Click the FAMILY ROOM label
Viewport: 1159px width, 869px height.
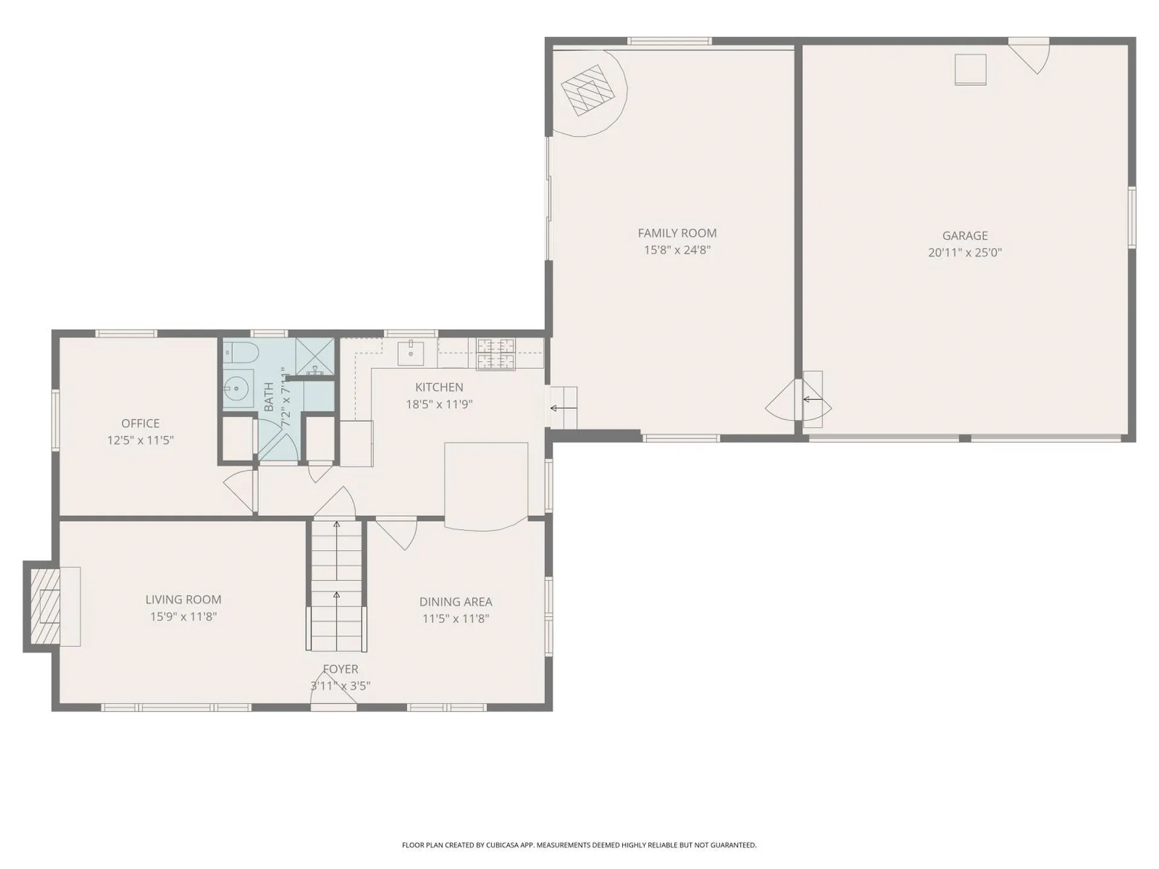[x=677, y=233]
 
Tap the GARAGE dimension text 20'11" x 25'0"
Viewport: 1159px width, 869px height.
[x=965, y=253]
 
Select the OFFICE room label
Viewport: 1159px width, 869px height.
[x=140, y=423]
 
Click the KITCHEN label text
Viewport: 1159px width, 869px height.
[x=439, y=387]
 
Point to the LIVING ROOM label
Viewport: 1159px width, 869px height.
[x=183, y=599]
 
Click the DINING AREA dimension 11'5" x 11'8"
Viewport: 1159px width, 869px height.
[x=456, y=619]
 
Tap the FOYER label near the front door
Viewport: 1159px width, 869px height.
[x=340, y=669]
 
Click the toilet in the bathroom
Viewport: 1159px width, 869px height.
[x=241, y=352]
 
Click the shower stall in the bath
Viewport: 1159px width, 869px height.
[x=314, y=357]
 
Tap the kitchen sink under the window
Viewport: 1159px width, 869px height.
[x=411, y=353]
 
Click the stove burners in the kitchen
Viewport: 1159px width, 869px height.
[x=496, y=354]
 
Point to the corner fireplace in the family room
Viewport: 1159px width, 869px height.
[x=587, y=91]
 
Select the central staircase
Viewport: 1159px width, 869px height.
[x=336, y=585]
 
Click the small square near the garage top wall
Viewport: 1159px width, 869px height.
[x=970, y=69]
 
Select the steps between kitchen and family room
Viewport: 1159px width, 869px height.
[x=563, y=408]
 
